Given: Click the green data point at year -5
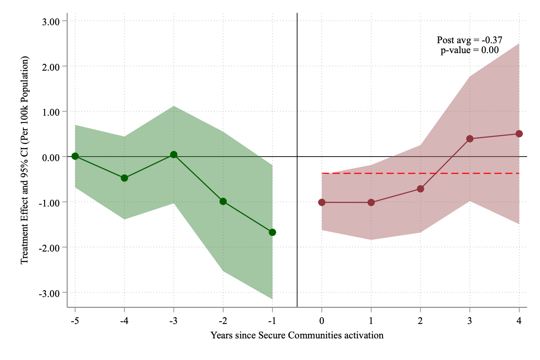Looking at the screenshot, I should tap(75, 156).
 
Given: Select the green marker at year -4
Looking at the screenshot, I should tap(124, 178).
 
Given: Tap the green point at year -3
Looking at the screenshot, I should tap(174, 155).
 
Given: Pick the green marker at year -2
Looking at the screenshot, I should tap(223, 201).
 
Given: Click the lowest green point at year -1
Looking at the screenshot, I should tap(272, 232).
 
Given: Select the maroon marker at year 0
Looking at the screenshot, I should tap(322, 202).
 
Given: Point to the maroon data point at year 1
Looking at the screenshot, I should tap(371, 202).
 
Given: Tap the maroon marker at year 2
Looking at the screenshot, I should tap(420, 189).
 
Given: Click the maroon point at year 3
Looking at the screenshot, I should tap(470, 139).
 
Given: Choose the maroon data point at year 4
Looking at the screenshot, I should tap(519, 134).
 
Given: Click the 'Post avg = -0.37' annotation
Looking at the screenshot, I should tap(469, 40).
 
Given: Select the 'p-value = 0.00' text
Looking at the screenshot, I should tap(469, 50).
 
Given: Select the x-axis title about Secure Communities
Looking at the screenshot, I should tap(297, 335).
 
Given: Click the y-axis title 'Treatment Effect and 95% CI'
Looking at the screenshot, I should tap(25, 160).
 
